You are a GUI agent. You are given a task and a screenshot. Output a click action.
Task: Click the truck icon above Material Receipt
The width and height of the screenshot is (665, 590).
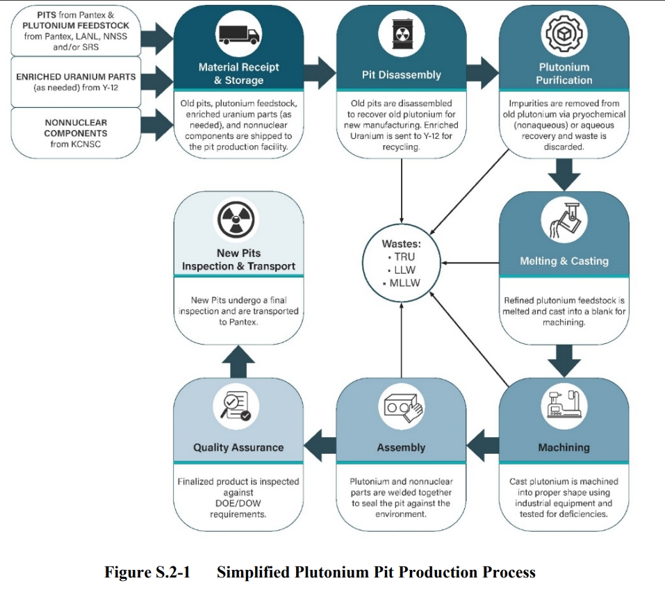(239, 34)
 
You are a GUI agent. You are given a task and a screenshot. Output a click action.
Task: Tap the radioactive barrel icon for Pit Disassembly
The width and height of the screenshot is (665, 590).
(401, 33)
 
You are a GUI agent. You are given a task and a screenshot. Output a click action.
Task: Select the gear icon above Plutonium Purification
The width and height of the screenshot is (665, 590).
(564, 33)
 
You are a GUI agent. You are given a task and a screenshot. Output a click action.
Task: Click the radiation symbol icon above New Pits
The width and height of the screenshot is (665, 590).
(236, 220)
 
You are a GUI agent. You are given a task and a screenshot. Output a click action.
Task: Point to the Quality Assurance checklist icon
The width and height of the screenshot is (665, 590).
(236, 406)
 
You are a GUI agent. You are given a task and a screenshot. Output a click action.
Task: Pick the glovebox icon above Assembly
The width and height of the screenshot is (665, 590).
(403, 407)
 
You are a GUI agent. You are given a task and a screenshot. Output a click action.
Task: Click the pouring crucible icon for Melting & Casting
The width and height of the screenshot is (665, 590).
(566, 219)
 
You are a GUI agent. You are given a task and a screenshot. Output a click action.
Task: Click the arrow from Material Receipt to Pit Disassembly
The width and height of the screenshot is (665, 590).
(320, 73)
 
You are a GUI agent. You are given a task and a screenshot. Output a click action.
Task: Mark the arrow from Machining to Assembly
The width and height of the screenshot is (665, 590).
(483, 445)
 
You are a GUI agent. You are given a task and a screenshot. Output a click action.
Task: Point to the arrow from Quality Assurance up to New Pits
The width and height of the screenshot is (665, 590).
(238, 361)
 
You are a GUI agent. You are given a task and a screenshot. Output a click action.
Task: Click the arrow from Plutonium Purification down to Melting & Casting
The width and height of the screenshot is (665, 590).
(564, 174)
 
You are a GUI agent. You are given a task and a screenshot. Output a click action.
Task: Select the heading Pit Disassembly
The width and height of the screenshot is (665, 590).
(401, 75)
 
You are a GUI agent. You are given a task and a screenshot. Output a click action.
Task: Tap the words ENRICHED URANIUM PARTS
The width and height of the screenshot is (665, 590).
(76, 76)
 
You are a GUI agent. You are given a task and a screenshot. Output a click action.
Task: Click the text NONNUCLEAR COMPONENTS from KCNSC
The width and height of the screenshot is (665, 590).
(76, 133)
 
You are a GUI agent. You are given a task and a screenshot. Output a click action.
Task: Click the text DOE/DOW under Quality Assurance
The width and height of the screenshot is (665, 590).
(238, 503)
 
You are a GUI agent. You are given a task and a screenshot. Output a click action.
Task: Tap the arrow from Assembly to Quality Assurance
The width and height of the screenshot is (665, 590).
(320, 445)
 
